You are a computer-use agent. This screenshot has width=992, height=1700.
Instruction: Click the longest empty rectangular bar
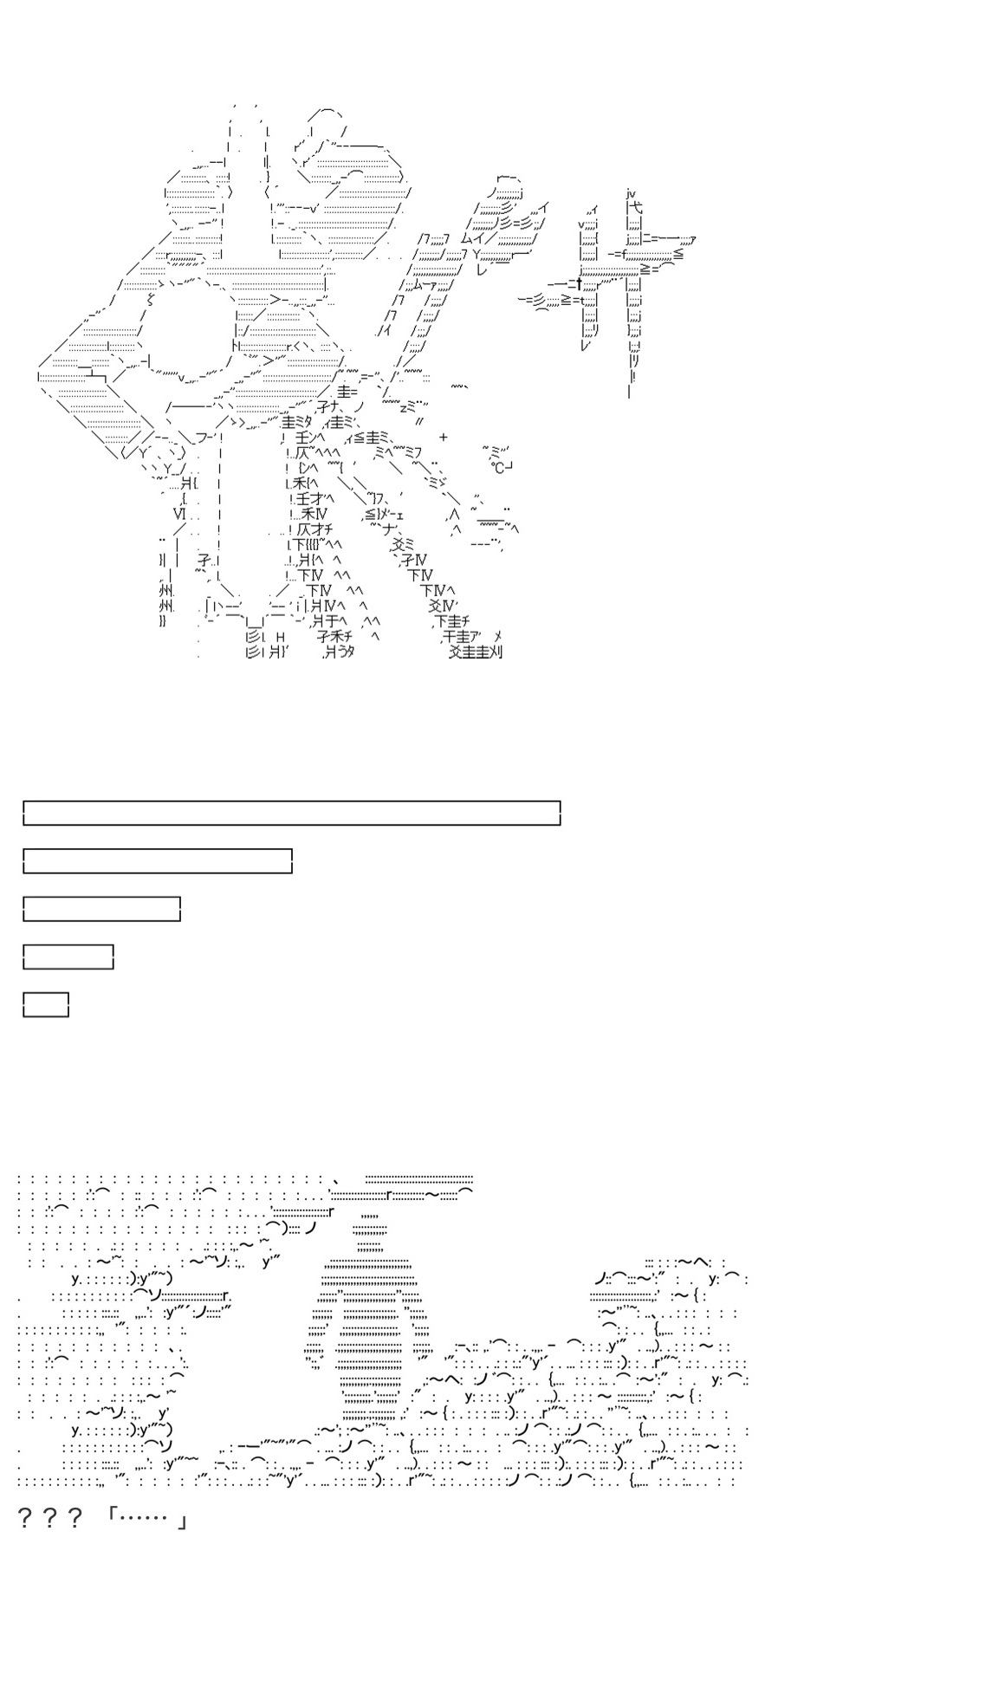292,814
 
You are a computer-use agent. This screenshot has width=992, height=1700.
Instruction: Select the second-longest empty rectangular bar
158,861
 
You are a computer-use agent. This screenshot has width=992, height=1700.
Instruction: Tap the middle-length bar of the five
101,909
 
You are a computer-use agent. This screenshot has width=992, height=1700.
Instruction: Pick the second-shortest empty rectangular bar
68,957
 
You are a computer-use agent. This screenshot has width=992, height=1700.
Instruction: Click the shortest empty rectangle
46,1004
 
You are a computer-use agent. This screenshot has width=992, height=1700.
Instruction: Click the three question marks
50,1519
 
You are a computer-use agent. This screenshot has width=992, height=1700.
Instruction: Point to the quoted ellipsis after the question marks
146,1519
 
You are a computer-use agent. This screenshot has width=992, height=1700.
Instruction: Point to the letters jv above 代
631,195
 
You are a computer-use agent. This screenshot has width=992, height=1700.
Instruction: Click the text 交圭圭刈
476,652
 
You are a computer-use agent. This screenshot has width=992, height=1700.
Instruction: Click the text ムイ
472,238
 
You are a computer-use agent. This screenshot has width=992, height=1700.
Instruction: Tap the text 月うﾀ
338,652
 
